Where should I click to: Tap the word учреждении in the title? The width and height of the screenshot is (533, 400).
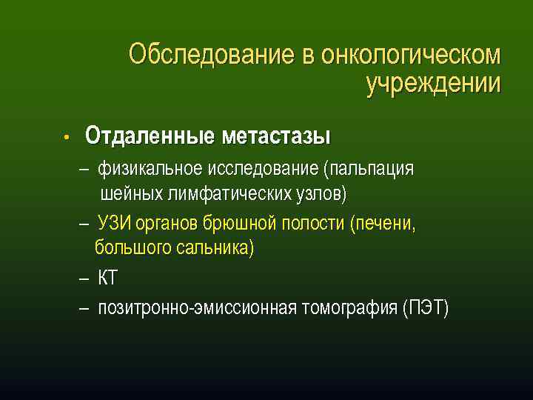pos(433,84)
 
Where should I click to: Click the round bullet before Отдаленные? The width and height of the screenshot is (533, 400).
pos(66,138)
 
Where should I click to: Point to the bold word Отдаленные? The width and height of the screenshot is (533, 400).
pos(147,136)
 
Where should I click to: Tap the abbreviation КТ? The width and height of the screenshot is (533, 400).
pos(108,279)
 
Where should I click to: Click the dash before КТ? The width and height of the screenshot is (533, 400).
pos(84,279)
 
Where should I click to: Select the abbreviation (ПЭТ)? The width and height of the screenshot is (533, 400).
pos(426,307)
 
